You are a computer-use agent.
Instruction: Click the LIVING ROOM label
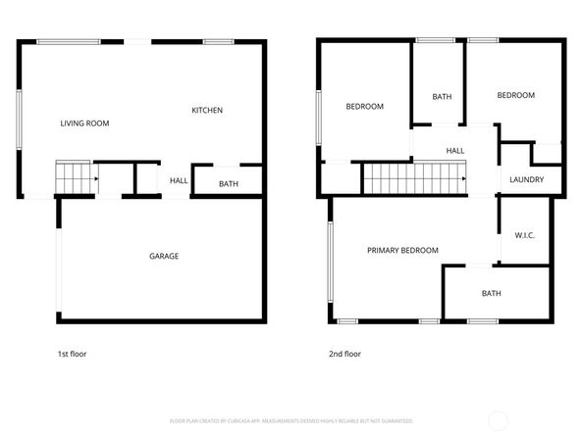pos(84,123)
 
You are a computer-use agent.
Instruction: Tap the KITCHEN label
pos(206,111)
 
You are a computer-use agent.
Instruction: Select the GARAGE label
pos(164,257)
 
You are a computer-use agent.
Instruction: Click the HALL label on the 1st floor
pos(179,180)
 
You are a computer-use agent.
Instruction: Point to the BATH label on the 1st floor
pos(228,184)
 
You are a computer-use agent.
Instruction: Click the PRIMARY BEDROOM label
pos(402,251)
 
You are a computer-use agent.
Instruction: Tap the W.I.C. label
pos(524,235)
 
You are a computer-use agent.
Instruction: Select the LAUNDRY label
pos(526,180)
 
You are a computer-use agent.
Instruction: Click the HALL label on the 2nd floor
pos(455,151)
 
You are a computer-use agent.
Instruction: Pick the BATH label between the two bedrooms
pos(442,97)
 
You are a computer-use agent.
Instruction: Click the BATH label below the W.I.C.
pos(491,294)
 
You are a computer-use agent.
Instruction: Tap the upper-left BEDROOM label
pos(364,106)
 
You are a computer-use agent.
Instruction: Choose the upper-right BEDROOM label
pos(515,95)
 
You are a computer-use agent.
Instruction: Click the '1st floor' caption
pos(72,354)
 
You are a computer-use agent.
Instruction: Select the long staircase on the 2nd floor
pos(412,179)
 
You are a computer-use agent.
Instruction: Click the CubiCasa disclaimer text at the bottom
pos(291,420)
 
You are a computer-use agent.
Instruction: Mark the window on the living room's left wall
pos(20,121)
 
